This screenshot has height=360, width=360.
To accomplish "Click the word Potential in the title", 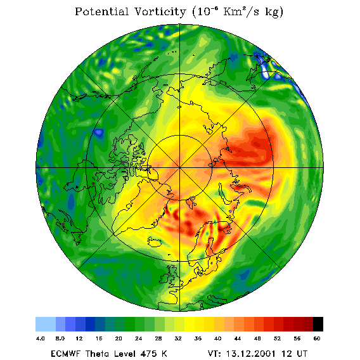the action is pyautogui.click(x=101, y=11).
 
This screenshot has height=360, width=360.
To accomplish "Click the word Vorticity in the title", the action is pyautogui.click(x=160, y=11).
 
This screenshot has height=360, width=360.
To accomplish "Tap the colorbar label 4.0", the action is pyautogui.click(x=40, y=338).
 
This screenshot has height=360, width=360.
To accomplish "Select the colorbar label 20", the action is pyautogui.click(x=119, y=338).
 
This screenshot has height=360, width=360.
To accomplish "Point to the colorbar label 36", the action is pyautogui.click(x=198, y=338).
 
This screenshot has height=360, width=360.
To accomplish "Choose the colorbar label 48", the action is pyautogui.click(x=257, y=338).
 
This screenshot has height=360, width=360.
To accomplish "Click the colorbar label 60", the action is pyautogui.click(x=317, y=338).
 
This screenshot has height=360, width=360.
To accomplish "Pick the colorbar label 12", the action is pyautogui.click(x=79, y=338).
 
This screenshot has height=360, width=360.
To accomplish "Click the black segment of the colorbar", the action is pyautogui.click(x=318, y=324).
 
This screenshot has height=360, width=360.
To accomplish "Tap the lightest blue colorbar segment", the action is pyautogui.click(x=46, y=324).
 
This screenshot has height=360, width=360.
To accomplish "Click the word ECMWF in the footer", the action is pyautogui.click(x=66, y=354).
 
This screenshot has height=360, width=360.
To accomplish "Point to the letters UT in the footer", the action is pyautogui.click(x=300, y=354).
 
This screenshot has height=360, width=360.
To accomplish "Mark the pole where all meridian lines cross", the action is pyautogui.click(x=180, y=168).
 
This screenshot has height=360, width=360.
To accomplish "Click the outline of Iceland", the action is pyautogui.click(x=155, y=242).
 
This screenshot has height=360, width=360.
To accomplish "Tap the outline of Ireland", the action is pyautogui.click(x=164, y=278).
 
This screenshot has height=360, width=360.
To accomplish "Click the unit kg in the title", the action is pyautogui.click(x=274, y=13).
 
